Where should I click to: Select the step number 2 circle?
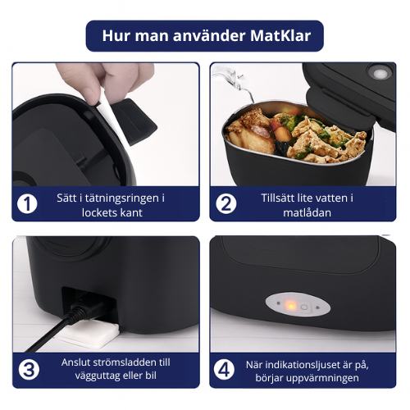pos(224,203)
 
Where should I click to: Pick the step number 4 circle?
pos(224,369)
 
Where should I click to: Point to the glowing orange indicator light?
pos(290,306)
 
